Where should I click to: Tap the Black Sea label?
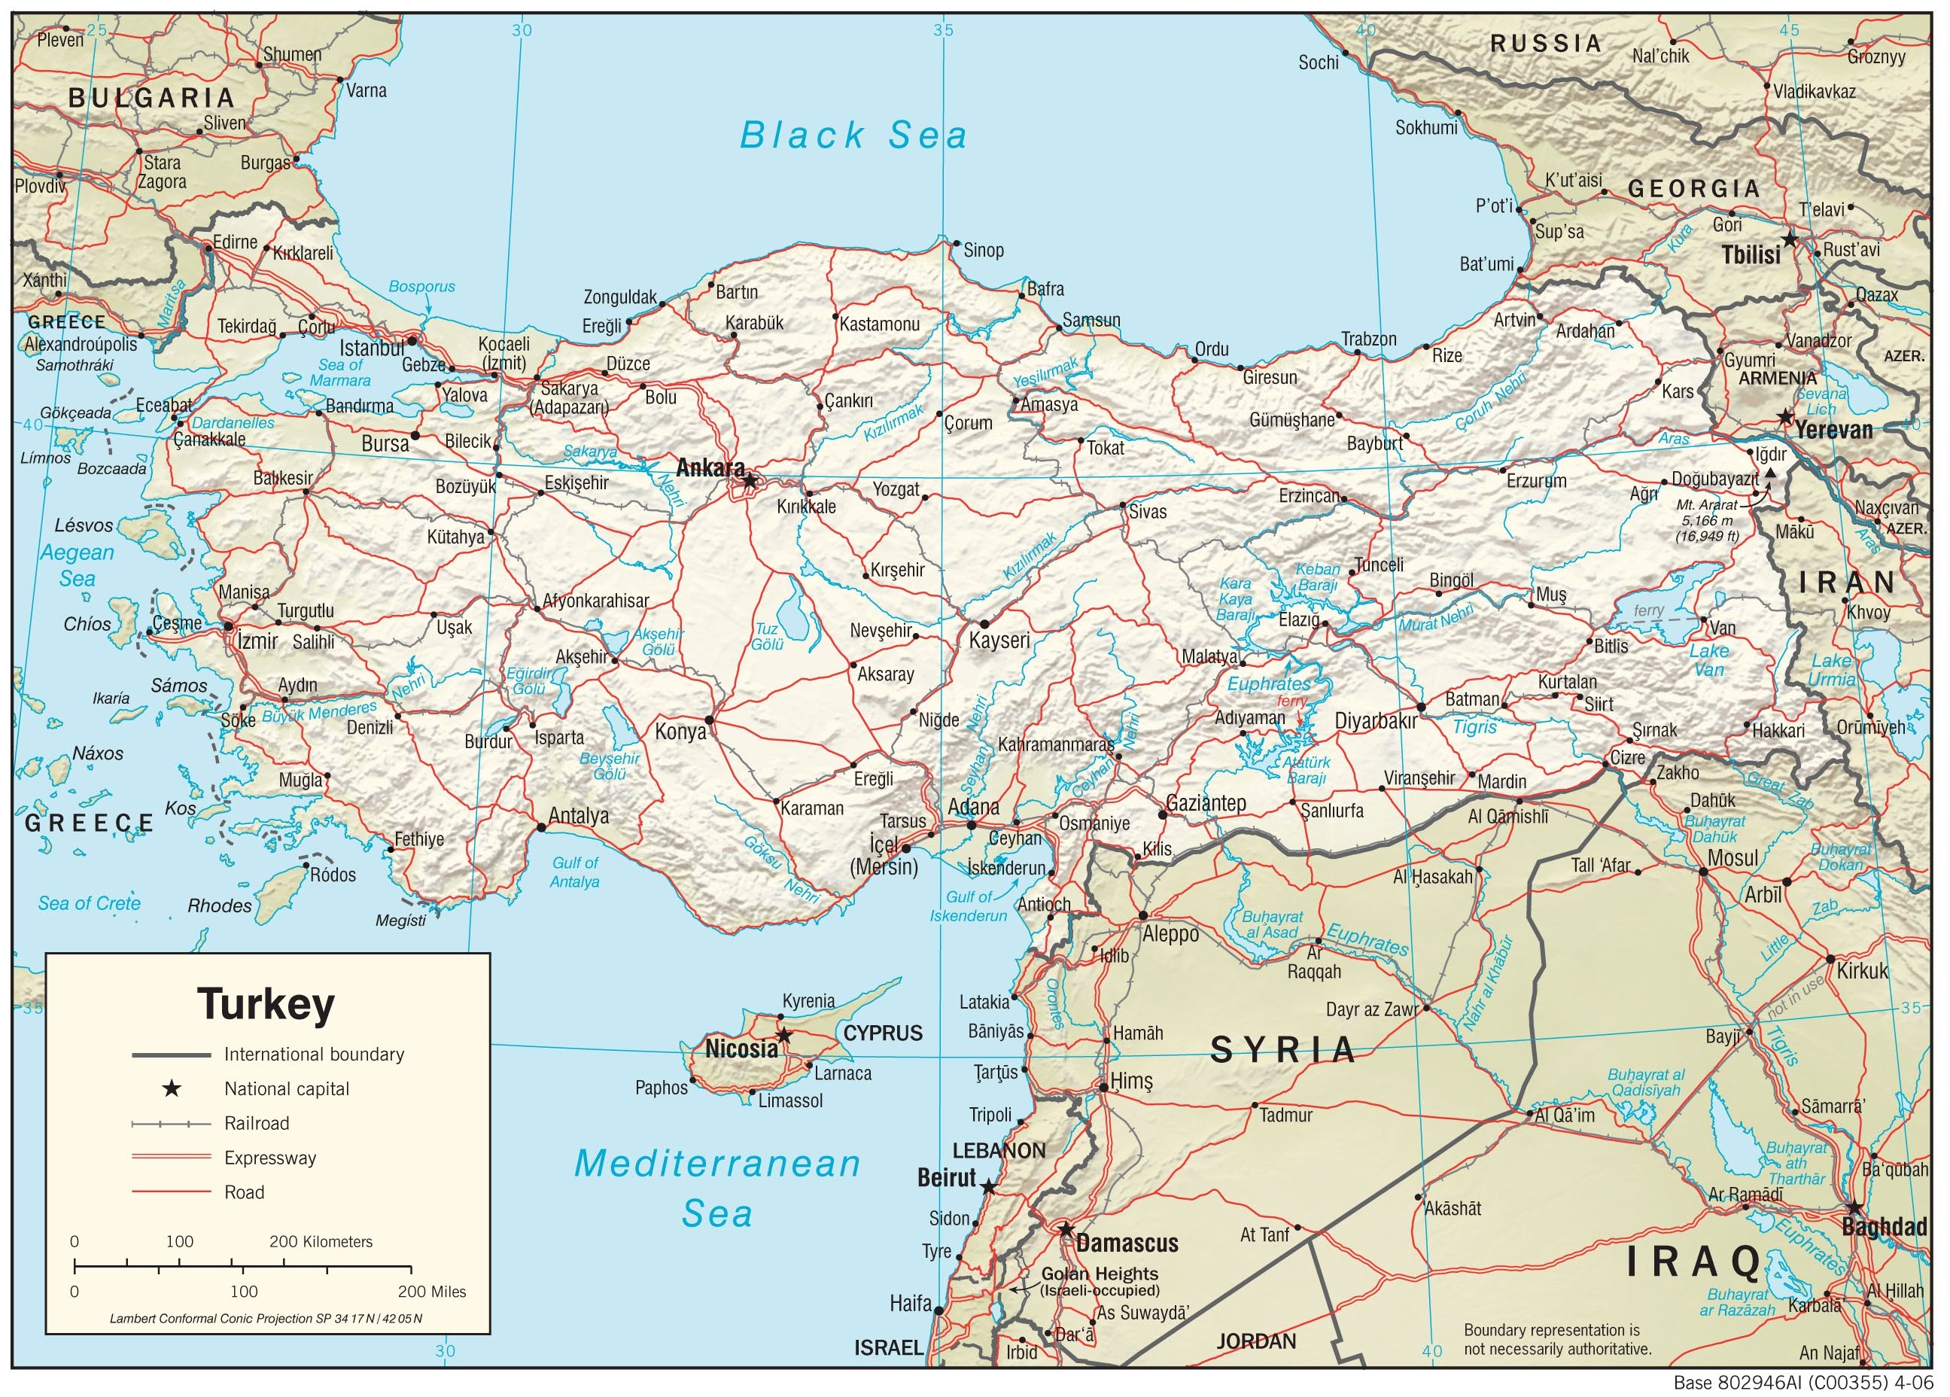[x=853, y=135]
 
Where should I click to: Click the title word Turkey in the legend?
[x=266, y=1003]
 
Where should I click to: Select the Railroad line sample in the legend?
[x=171, y=1124]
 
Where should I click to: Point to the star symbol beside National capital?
[x=171, y=1089]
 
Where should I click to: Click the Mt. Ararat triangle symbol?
[x=1769, y=473]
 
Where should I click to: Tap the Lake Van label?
[x=1708, y=659]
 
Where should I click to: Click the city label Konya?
[x=680, y=732]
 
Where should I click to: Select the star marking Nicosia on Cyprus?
[x=784, y=1035]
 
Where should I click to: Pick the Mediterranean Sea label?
[x=717, y=1188]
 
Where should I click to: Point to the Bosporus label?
[x=421, y=287]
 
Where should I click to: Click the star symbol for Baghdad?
[x=1854, y=1207]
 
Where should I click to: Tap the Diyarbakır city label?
[x=1376, y=722]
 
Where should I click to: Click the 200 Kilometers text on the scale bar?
[x=321, y=1241]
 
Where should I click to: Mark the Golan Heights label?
[x=1100, y=1274]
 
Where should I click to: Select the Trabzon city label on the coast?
[x=1369, y=339]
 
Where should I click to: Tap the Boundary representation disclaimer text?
[x=1556, y=1339]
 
